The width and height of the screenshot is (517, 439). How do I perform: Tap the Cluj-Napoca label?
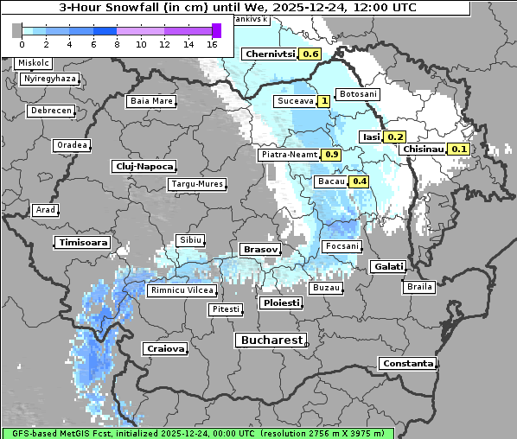point(144,166)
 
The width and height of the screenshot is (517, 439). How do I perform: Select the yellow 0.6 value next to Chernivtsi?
point(310,54)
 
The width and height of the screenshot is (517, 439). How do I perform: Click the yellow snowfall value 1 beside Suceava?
point(324,101)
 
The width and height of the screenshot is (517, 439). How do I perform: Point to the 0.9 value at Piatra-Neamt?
point(331,155)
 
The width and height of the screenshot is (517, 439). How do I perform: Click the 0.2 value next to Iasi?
point(395,137)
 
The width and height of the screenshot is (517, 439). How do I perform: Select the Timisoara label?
point(83,243)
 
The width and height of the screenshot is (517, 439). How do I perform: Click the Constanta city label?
point(407,364)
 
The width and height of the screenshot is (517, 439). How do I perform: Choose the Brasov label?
point(260,249)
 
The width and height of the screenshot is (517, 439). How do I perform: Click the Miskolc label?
point(34,63)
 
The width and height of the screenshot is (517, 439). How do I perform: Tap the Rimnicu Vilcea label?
point(181,291)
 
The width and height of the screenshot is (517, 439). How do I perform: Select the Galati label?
point(386,267)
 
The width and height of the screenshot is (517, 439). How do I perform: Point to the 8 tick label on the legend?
point(117,43)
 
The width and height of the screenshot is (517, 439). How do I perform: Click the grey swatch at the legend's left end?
point(16,30)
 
